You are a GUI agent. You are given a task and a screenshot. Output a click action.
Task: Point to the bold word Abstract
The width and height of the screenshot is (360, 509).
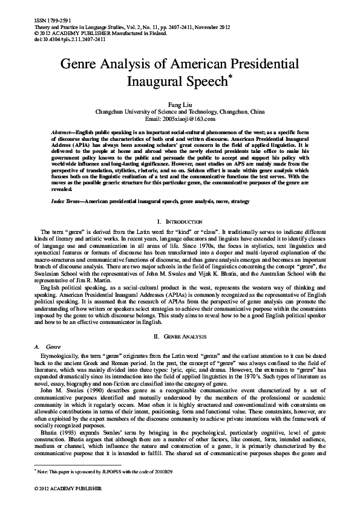point(61,131)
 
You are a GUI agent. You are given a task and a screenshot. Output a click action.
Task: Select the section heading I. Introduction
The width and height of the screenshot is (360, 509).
point(180,223)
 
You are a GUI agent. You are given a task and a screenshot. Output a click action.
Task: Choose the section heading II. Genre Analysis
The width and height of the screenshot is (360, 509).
point(180,335)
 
